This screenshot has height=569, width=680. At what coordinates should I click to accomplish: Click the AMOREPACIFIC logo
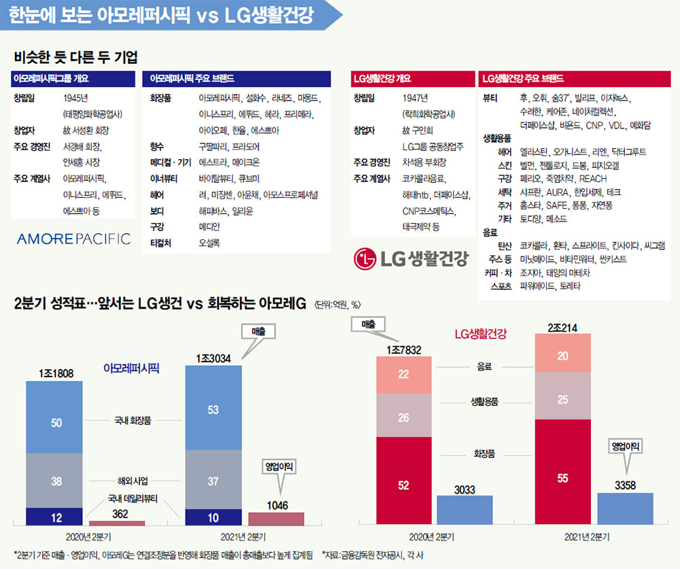(x=73, y=239)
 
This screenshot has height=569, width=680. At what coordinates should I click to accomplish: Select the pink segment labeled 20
(x=562, y=356)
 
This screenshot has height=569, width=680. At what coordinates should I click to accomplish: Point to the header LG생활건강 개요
(x=382, y=78)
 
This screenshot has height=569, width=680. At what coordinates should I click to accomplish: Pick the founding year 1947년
(x=415, y=98)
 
